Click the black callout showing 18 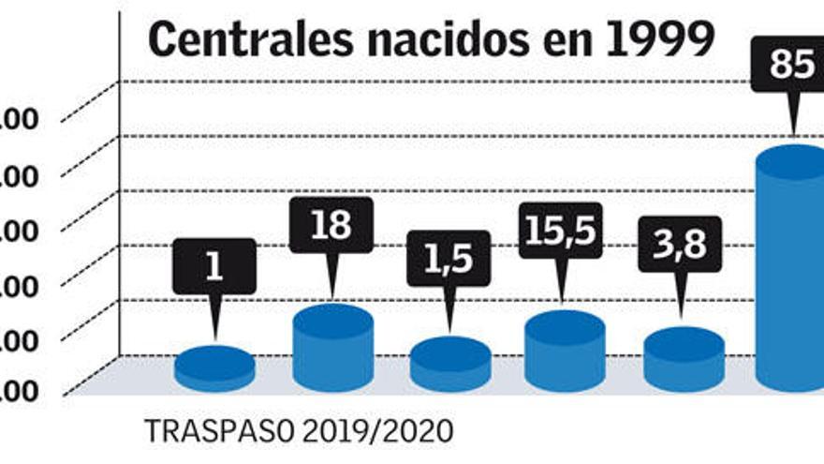click(331, 226)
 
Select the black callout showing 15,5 click(559, 231)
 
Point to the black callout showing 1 click(213, 266)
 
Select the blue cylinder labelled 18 click(332, 352)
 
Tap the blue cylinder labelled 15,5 click(564, 356)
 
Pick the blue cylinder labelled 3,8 click(684, 364)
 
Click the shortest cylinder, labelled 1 click(214, 371)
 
